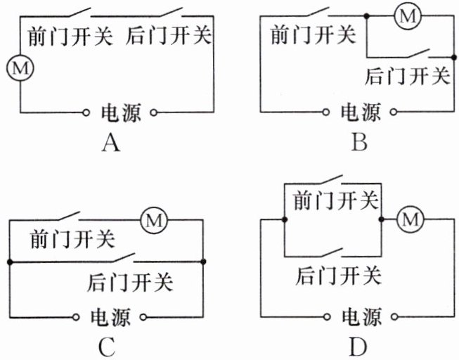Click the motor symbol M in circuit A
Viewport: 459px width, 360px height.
(x=20, y=68)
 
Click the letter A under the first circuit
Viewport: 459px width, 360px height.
(x=110, y=144)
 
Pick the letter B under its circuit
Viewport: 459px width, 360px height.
(x=359, y=144)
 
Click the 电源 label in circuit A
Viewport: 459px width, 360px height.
(x=121, y=112)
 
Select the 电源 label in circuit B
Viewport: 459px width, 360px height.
(x=361, y=112)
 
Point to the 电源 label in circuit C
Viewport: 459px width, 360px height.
(x=110, y=315)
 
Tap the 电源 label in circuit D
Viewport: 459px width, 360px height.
(x=361, y=315)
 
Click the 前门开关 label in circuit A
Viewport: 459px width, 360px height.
(x=70, y=35)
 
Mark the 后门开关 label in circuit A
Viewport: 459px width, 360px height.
(x=169, y=35)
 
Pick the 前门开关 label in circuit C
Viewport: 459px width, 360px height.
(x=72, y=240)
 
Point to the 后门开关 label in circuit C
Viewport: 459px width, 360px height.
(x=131, y=283)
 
